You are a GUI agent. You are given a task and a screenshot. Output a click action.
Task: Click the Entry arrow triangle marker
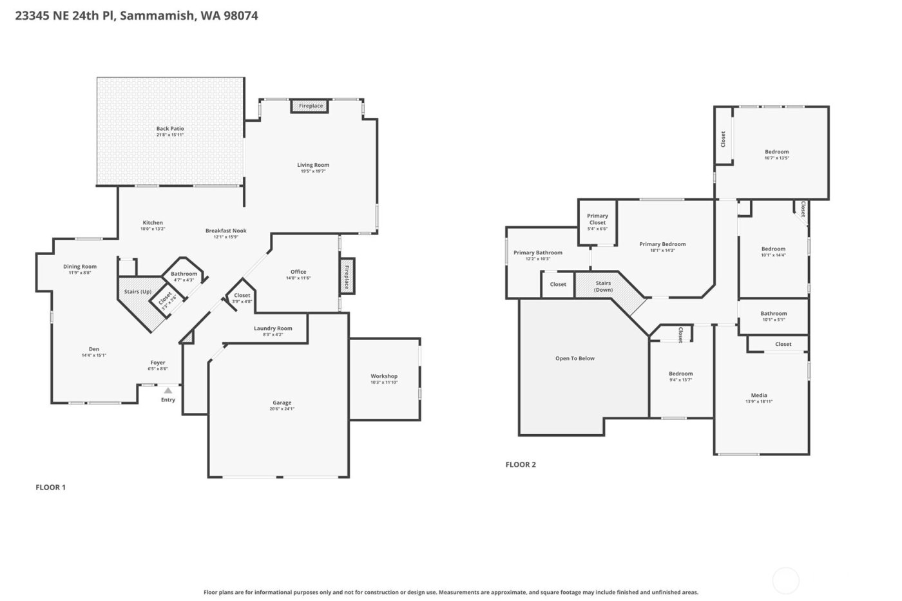(x=168, y=390)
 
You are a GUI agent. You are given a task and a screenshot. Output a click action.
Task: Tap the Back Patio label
(x=170, y=129)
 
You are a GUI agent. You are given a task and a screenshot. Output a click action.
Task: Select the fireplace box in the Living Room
(x=311, y=106)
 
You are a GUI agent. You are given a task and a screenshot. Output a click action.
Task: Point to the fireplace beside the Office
(x=347, y=277)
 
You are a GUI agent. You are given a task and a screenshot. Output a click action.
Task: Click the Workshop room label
(x=384, y=376)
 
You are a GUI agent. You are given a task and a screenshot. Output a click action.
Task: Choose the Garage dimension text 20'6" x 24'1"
(x=282, y=409)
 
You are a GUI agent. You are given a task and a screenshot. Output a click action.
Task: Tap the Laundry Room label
(x=273, y=329)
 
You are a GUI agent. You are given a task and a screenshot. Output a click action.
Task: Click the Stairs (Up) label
(x=138, y=292)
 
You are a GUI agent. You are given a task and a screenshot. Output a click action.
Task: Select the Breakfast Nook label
(x=225, y=231)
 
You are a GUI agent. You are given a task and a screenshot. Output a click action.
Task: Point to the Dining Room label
(x=80, y=267)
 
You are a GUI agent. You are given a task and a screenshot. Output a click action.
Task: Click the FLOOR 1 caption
(x=50, y=488)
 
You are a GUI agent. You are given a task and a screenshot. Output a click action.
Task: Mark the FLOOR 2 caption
(x=521, y=464)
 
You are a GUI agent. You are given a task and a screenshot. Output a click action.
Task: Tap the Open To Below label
(x=575, y=359)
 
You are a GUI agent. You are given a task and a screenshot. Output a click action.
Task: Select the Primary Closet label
(x=597, y=219)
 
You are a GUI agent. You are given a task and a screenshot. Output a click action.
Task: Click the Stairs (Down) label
(x=603, y=287)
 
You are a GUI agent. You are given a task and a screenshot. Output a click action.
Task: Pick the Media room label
(x=759, y=396)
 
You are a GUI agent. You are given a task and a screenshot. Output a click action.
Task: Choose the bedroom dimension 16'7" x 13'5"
(x=776, y=158)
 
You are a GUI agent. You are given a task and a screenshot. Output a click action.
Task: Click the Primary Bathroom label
(x=538, y=253)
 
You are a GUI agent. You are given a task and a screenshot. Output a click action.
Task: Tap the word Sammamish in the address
(x=157, y=15)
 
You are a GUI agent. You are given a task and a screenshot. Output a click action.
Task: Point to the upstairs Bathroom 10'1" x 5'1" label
(x=773, y=314)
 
